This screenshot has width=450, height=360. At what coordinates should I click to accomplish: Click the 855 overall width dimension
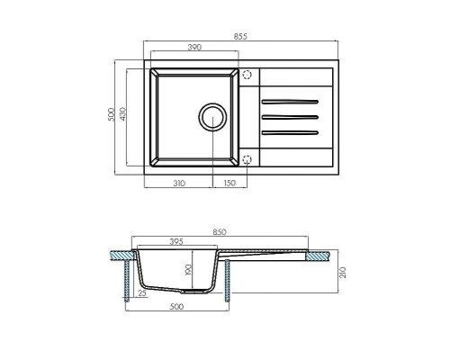click(240, 36)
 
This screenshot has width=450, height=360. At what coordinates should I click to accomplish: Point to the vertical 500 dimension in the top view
click(111, 115)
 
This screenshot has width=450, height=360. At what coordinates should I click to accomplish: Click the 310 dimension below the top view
click(178, 183)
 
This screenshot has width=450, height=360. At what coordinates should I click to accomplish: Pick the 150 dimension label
click(229, 183)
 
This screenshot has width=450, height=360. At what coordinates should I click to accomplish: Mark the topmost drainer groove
click(290, 99)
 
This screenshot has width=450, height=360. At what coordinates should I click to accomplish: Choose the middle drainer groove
click(290, 116)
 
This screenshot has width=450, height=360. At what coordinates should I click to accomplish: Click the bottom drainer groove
click(290, 133)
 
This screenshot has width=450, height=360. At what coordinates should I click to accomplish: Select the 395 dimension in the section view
click(178, 241)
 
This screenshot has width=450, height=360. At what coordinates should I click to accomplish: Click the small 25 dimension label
click(143, 293)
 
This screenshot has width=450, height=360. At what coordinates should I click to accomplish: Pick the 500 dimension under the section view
click(176, 308)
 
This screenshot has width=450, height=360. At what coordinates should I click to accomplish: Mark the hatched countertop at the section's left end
click(119, 256)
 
